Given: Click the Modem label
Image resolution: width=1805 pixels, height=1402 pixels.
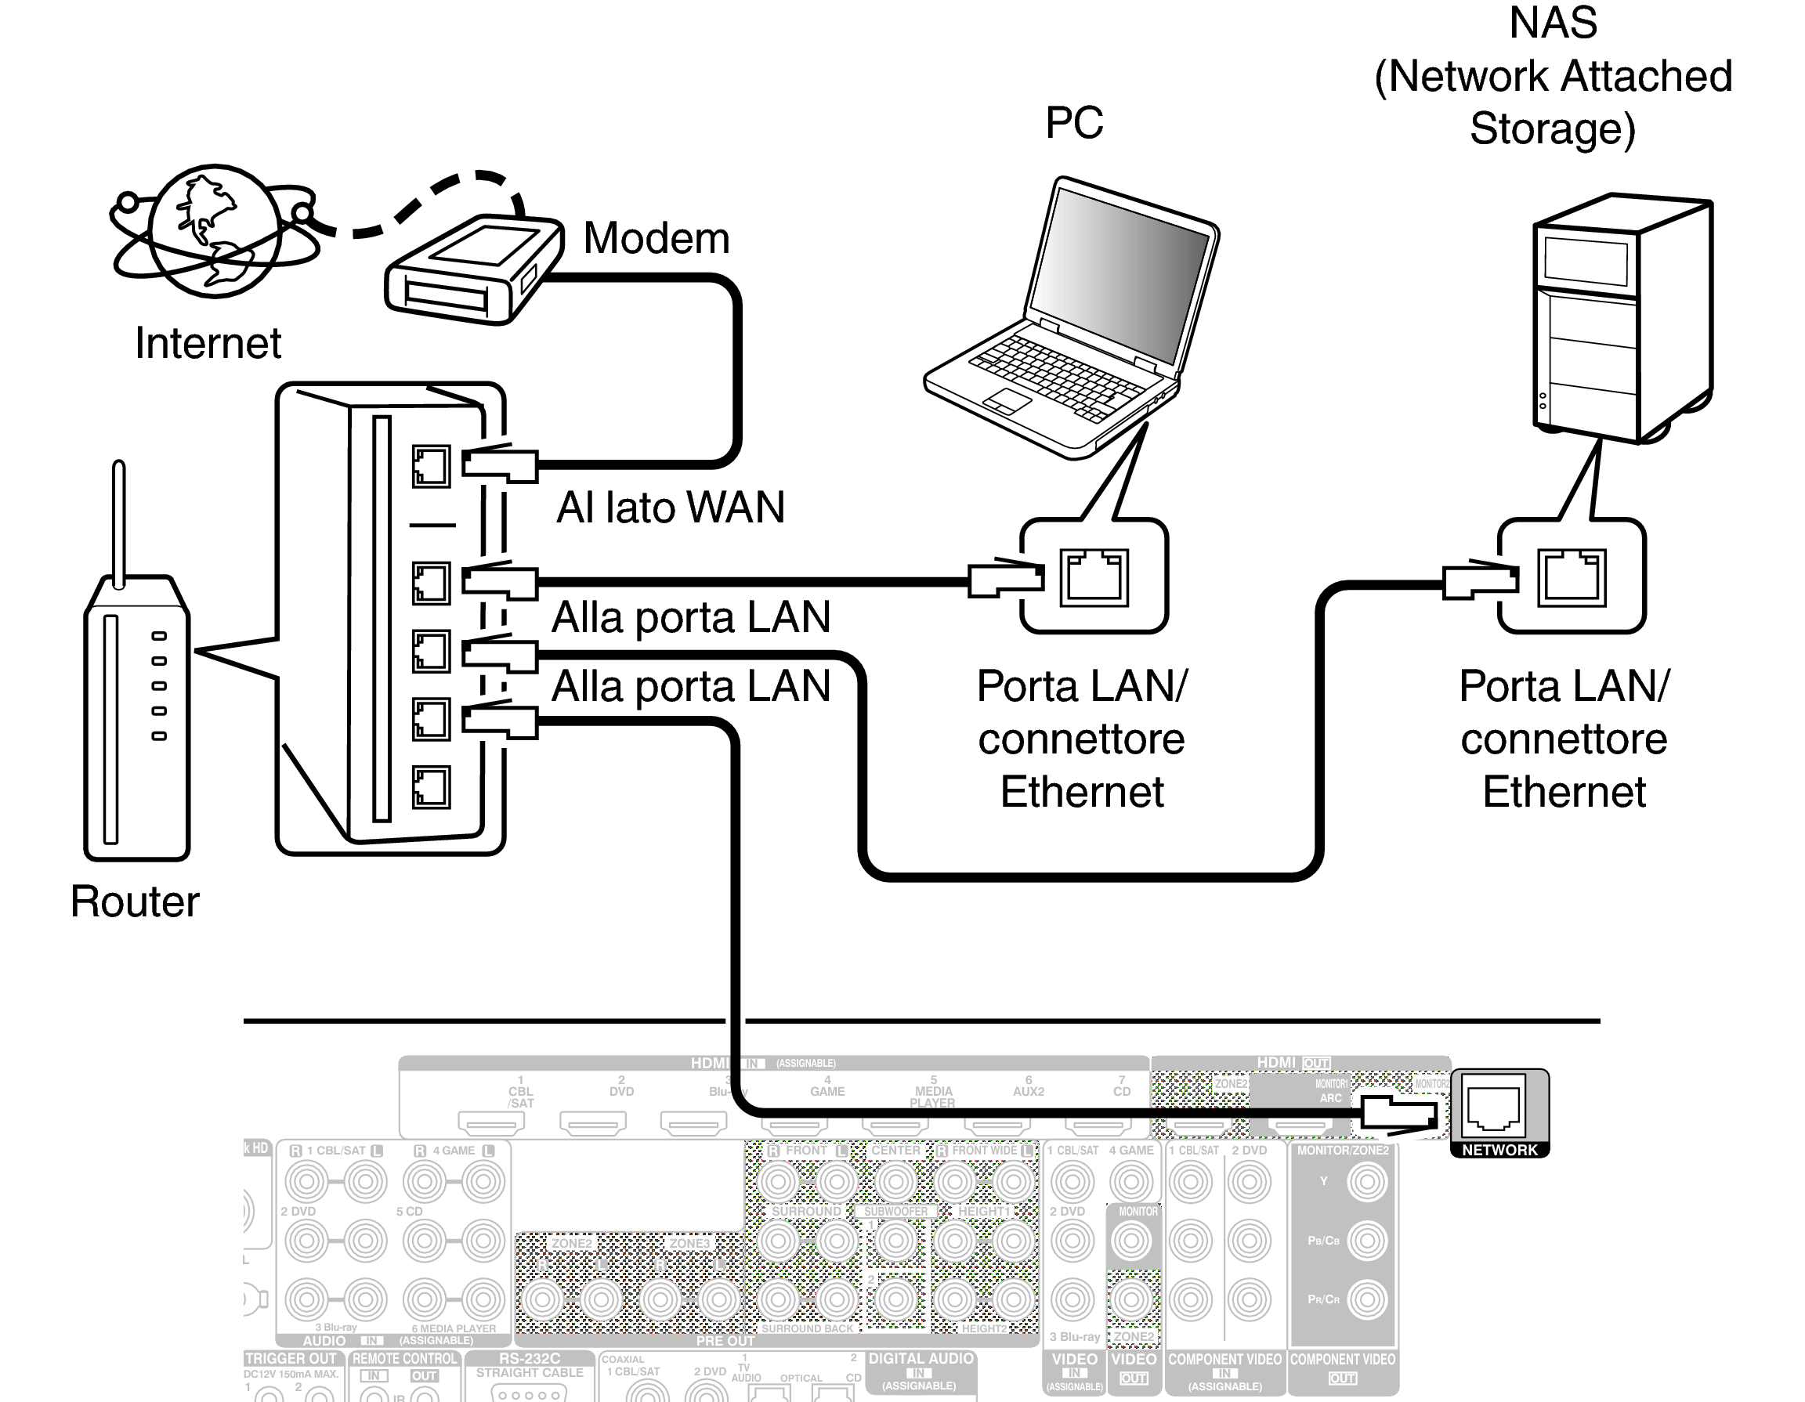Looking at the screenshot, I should [x=657, y=239].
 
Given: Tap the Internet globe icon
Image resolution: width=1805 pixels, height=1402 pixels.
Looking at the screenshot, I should [x=215, y=231].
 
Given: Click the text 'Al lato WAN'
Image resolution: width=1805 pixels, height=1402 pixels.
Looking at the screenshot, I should [x=670, y=508].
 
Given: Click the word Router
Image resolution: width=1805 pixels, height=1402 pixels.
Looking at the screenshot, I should [x=135, y=902].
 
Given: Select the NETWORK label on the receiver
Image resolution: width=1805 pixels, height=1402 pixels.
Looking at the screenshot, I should [x=1499, y=1150].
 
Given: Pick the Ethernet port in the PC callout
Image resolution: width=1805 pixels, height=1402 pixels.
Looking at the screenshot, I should [x=1094, y=576].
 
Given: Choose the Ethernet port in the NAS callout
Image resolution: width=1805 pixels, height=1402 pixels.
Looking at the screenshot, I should [x=1571, y=576].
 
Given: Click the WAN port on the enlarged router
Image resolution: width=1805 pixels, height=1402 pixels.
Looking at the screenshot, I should [x=431, y=467].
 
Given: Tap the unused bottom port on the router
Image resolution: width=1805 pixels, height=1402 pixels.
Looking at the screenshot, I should [x=431, y=786].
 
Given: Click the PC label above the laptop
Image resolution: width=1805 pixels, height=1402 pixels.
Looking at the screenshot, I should [x=1073, y=123].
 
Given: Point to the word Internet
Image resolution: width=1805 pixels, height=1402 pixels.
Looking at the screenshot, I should [x=208, y=344].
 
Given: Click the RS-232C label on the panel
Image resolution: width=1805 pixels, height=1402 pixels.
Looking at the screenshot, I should [x=529, y=1358].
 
